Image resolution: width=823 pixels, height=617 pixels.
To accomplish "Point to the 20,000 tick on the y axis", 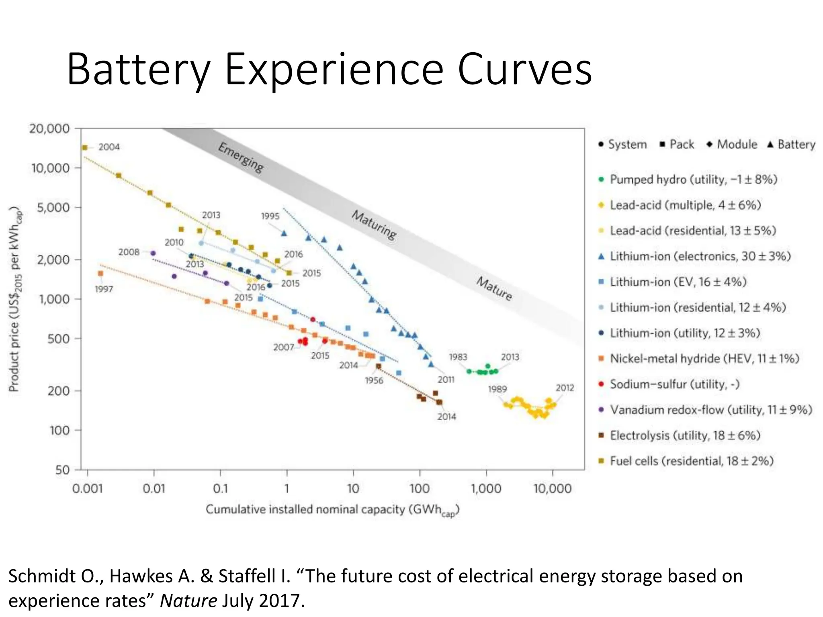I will click(x=49, y=129).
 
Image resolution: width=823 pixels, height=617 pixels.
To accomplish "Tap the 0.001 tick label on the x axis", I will click(x=88, y=489).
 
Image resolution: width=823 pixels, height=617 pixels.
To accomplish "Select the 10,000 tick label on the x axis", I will click(x=552, y=489).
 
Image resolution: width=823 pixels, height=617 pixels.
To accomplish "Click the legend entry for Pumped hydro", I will click(x=693, y=179).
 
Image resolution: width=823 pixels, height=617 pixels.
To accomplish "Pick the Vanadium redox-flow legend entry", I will click(x=710, y=410).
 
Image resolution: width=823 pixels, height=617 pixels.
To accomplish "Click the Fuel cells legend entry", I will click(x=691, y=461).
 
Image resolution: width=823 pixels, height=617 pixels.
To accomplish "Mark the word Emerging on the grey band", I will click(x=241, y=158).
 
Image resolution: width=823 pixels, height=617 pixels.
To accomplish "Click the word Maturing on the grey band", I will click(x=374, y=225).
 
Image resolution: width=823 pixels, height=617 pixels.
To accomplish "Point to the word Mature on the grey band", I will click(x=494, y=288).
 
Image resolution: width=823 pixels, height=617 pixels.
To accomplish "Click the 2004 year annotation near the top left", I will click(x=109, y=147).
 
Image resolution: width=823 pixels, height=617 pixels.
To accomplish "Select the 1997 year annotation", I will click(x=104, y=289).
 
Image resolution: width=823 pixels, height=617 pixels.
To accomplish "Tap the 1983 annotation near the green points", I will click(x=458, y=357).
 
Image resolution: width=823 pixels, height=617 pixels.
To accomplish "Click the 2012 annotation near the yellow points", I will click(x=565, y=388).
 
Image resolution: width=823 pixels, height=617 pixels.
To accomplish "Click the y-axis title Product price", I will click(x=14, y=299).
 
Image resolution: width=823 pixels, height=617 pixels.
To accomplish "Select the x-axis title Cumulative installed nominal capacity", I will click(x=332, y=510).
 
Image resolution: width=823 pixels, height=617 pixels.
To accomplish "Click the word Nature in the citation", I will click(x=188, y=601).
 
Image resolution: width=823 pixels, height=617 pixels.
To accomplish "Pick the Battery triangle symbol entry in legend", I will click(x=790, y=145).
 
